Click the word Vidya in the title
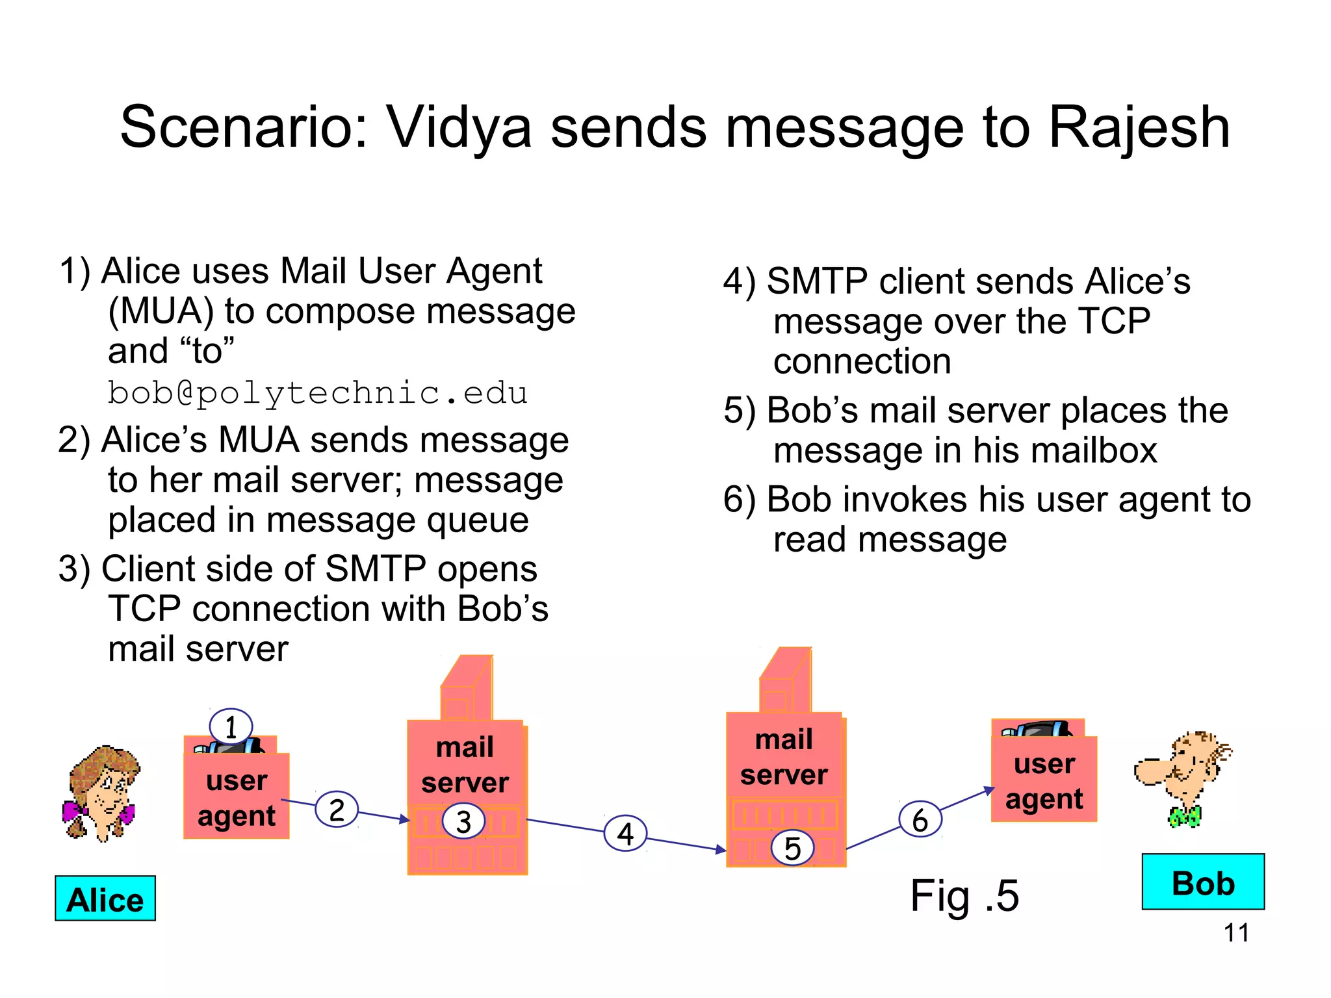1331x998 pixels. [x=459, y=128]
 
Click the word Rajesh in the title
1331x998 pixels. [x=1139, y=128]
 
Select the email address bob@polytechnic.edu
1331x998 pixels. [x=317, y=393]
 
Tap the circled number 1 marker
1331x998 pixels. [x=231, y=727]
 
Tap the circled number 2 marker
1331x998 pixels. [x=337, y=810]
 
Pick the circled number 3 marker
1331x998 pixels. [x=463, y=821]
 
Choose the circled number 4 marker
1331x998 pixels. [x=625, y=834]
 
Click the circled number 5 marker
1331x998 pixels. [x=792, y=848]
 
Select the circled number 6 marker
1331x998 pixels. [x=920, y=820]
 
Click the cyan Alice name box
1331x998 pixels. [x=105, y=899]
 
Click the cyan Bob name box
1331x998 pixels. [x=1203, y=882]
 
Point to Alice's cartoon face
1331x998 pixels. [x=104, y=789]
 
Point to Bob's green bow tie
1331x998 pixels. [x=1184, y=816]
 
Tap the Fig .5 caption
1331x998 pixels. [x=964, y=896]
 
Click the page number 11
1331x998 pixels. [x=1235, y=933]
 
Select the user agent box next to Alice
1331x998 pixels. [x=237, y=796]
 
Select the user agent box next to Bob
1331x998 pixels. [x=1044, y=779]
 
